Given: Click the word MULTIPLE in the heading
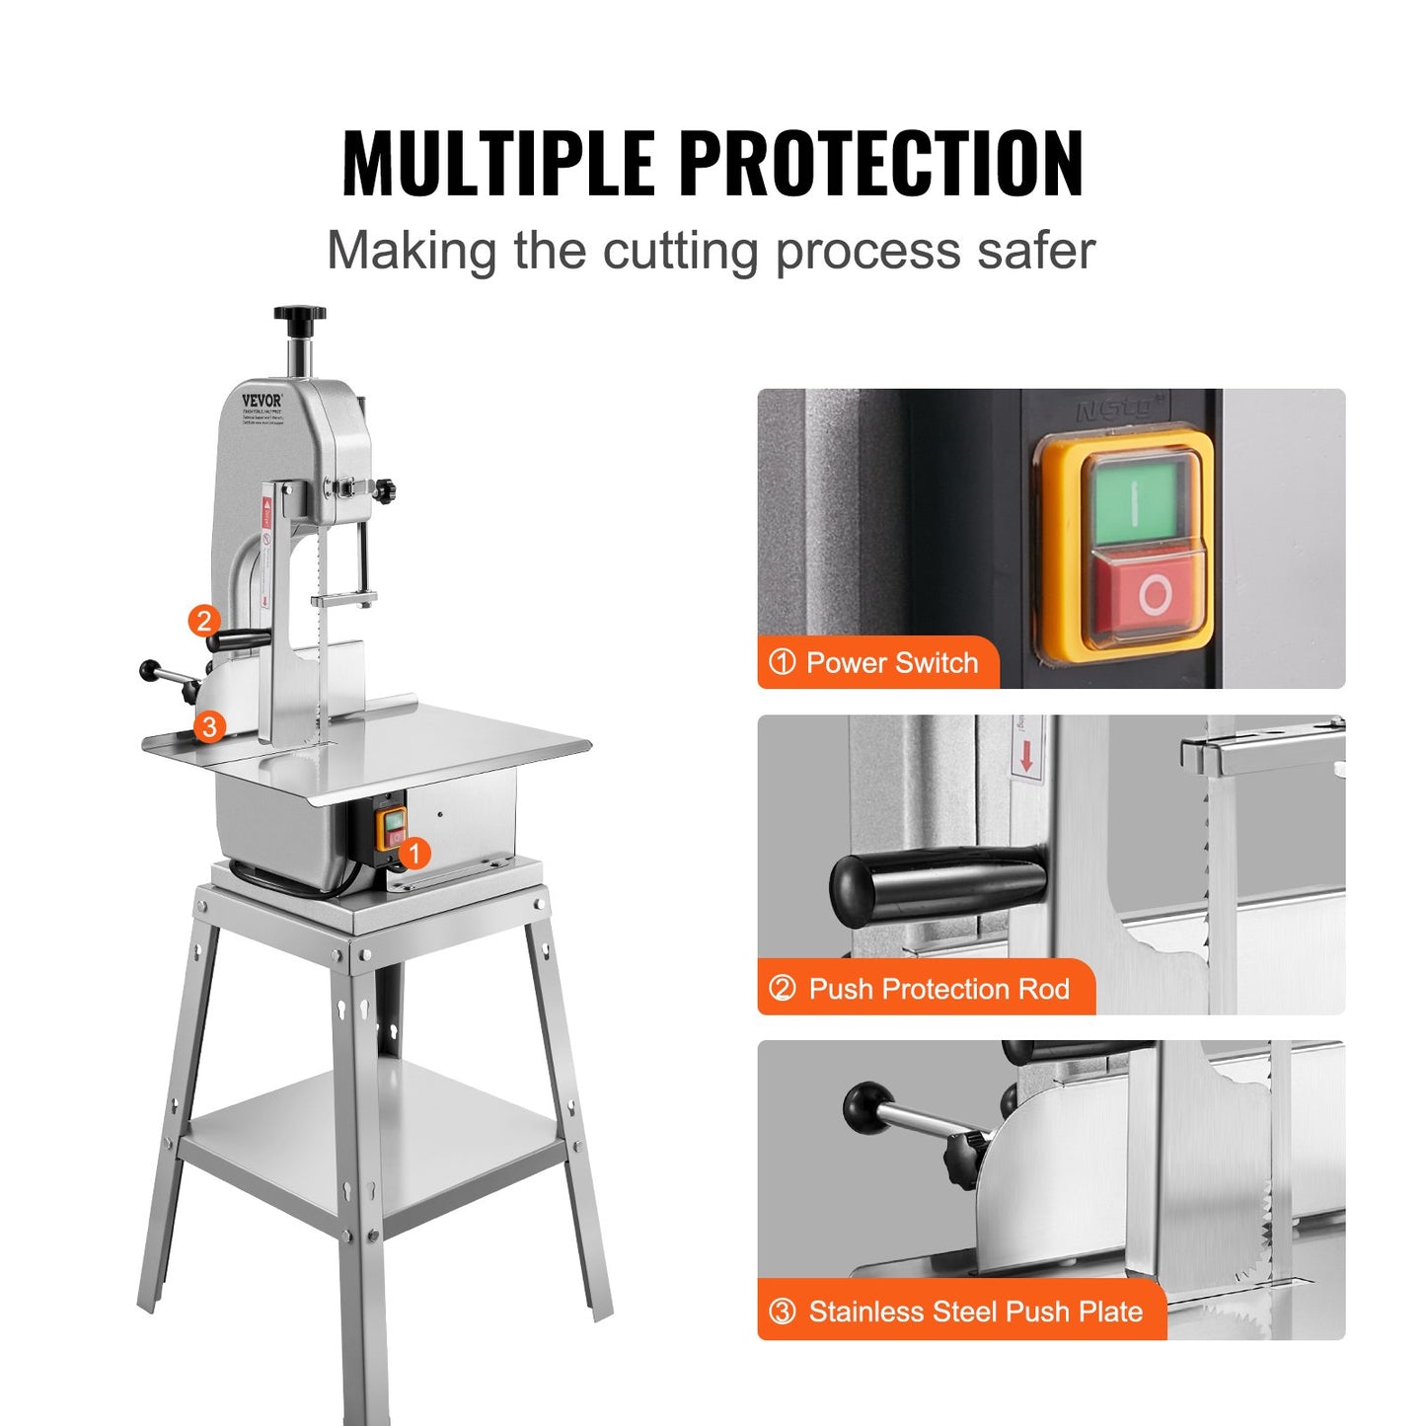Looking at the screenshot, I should [x=497, y=164].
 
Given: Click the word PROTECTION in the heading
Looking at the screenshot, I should [x=881, y=164].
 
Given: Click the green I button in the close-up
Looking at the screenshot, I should [x=1135, y=501].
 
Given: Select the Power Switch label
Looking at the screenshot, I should [x=877, y=663].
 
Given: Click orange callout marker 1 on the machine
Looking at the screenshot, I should [x=415, y=853].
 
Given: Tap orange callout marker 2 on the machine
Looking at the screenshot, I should [x=204, y=621].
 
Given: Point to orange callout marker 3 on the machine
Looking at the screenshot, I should [x=209, y=727].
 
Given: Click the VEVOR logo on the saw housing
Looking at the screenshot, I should [x=262, y=401].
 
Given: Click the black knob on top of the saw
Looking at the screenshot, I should [x=300, y=317].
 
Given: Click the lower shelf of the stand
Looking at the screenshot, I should [x=375, y=1145].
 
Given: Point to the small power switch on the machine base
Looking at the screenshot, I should [x=393, y=827].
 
